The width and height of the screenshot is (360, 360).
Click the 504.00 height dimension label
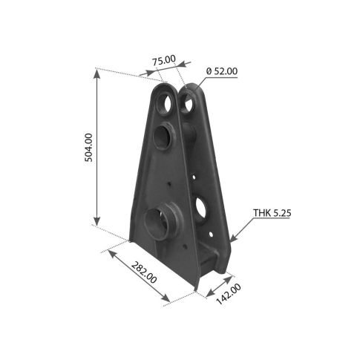[88, 148]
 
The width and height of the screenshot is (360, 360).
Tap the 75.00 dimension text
[164, 60]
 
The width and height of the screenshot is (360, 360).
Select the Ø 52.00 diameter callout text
[222, 71]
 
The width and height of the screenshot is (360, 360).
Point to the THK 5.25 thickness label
[272, 213]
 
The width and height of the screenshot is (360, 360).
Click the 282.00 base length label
[144, 272]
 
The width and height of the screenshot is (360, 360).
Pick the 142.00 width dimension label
[229, 294]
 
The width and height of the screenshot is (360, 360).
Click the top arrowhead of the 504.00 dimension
[97, 73]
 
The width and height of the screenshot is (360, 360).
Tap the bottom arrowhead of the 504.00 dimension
[97, 220]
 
